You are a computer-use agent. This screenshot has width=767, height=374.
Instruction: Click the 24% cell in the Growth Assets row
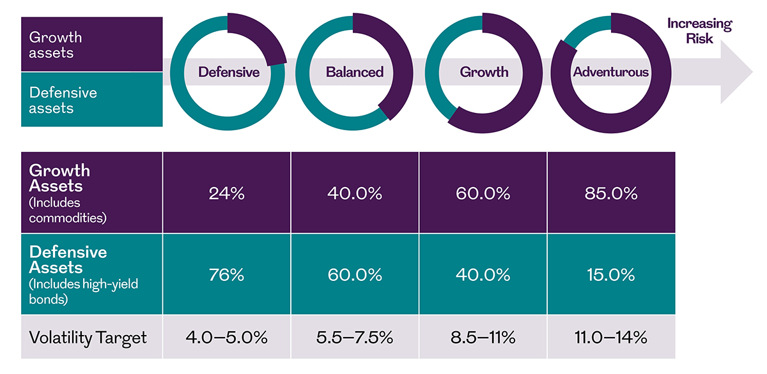(227, 194)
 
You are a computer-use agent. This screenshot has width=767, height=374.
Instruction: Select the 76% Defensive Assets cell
(227, 275)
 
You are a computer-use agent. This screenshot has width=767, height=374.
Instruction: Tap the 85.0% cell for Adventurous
(610, 194)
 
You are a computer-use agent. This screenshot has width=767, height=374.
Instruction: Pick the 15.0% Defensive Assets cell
(610, 275)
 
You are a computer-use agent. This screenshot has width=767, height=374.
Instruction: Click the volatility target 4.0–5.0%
(227, 336)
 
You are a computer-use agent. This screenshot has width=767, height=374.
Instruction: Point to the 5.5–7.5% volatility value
(355, 336)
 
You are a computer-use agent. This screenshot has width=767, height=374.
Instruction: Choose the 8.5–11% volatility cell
(483, 336)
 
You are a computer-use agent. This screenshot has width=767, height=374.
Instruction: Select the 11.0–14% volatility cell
(610, 336)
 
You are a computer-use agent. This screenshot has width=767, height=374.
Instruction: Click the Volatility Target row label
(88, 336)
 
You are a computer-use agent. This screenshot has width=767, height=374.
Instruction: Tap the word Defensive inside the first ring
(228, 72)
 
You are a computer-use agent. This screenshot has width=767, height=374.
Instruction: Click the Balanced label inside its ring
(355, 72)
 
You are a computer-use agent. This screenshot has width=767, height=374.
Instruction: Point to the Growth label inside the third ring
(484, 72)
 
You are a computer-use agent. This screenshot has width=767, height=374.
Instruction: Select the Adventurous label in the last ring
(610, 72)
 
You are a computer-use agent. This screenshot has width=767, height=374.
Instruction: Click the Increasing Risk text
(699, 31)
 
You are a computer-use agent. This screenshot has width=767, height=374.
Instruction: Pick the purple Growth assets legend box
(91, 45)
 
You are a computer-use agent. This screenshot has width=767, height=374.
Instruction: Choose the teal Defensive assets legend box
(91, 100)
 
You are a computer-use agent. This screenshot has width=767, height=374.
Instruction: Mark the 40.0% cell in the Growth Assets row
(355, 194)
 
